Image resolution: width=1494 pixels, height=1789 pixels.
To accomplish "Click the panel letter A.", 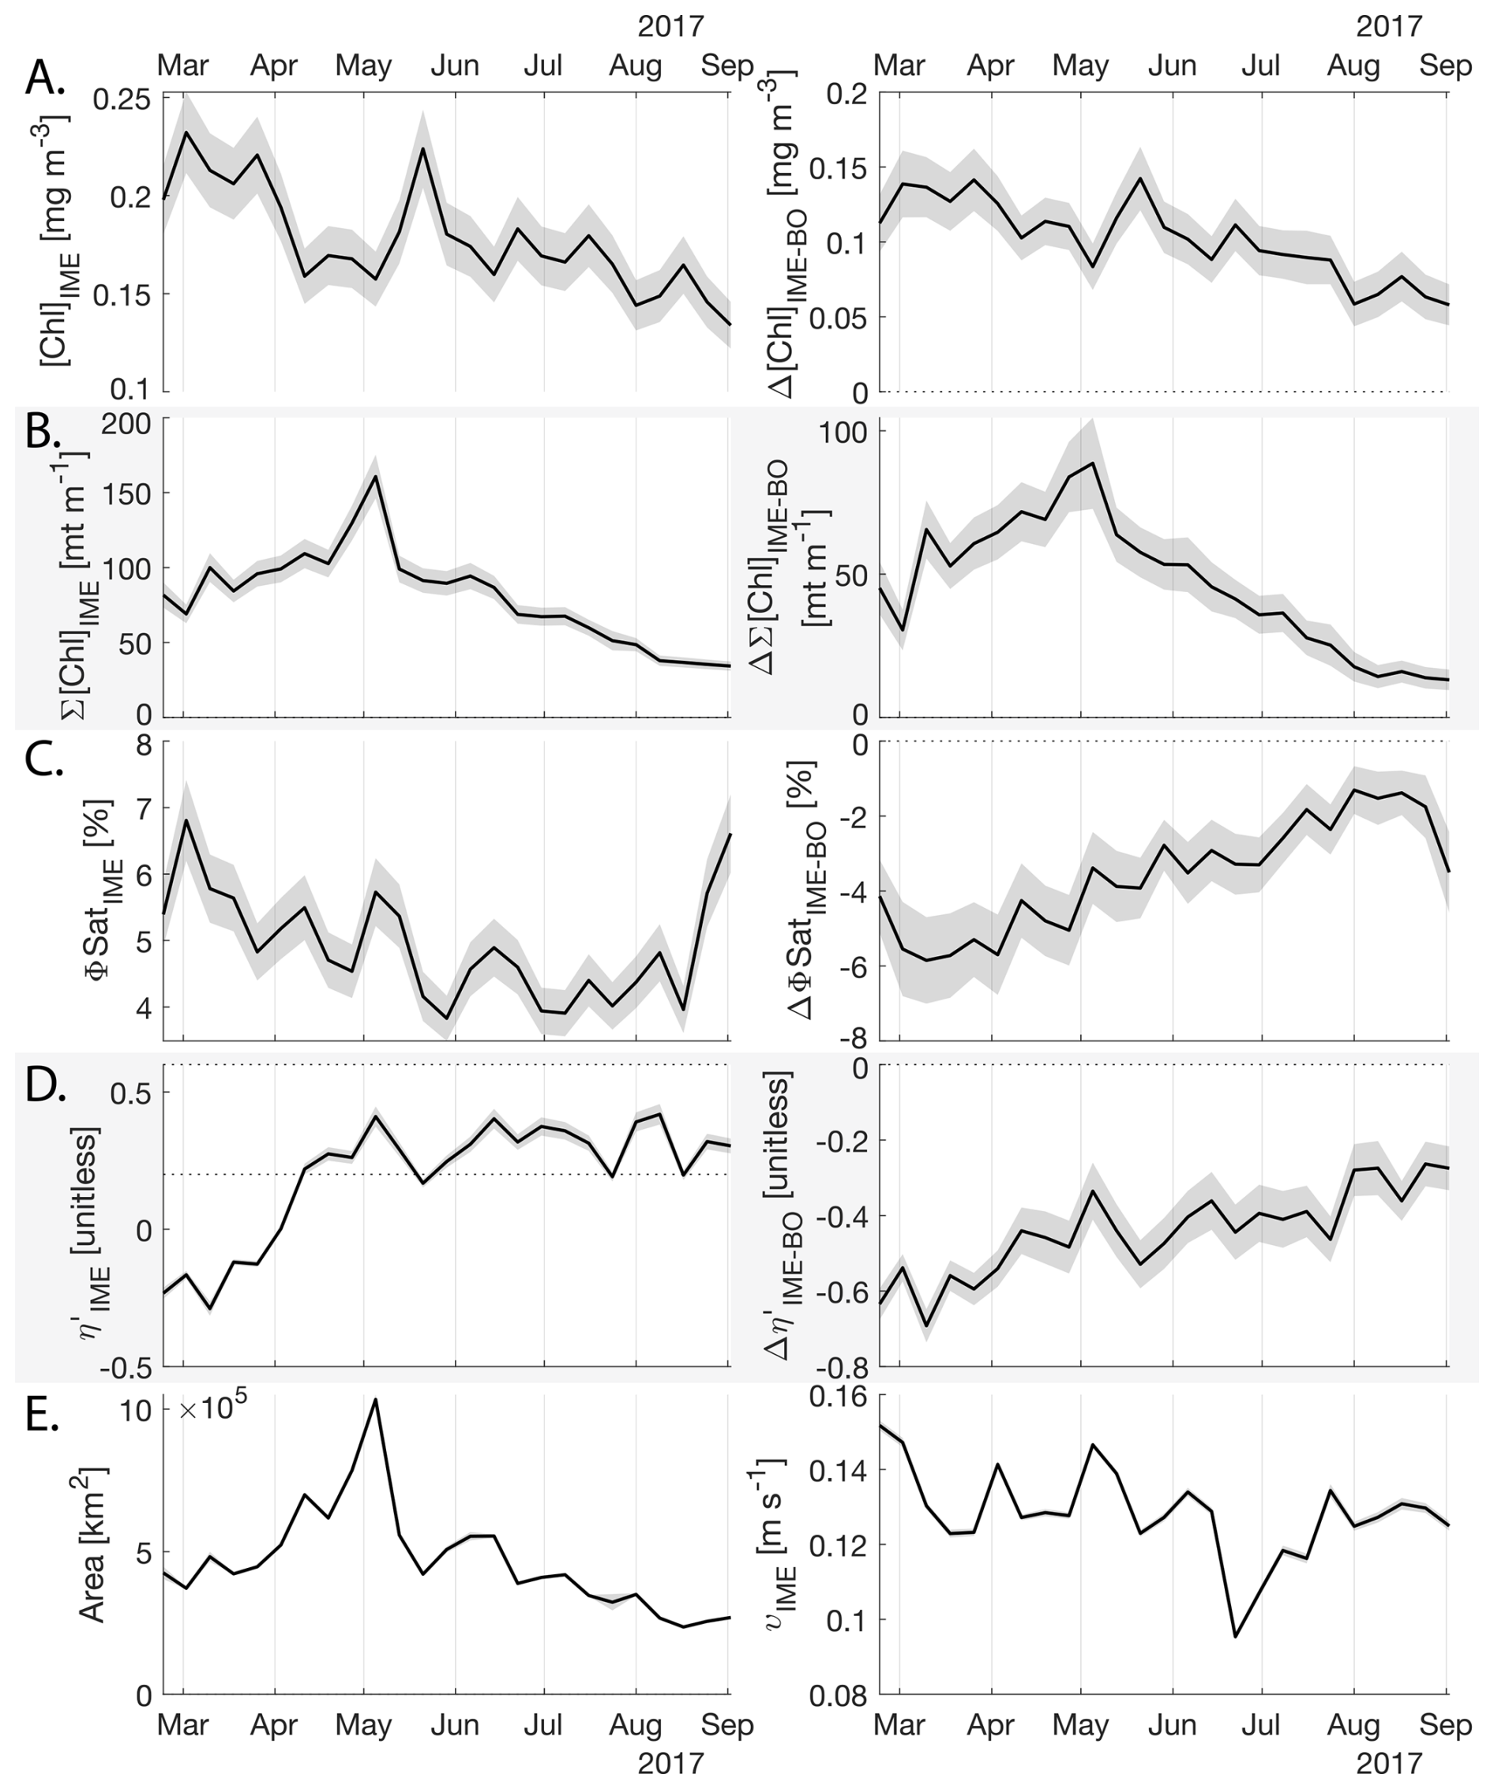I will click(44, 79).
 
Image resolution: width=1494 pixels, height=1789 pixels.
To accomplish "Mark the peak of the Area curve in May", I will click(375, 1399).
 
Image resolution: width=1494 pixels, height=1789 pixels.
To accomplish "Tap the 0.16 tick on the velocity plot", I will click(834, 1397).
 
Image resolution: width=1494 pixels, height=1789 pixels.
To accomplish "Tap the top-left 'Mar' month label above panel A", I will click(183, 65).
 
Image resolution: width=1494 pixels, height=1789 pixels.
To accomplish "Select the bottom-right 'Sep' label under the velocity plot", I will click(1447, 1724).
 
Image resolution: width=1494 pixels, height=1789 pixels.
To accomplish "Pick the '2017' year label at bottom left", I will click(670, 1761).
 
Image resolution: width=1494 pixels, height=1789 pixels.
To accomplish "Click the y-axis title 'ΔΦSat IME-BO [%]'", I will click(802, 891).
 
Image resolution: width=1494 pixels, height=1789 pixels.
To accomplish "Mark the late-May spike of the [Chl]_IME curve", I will click(422, 148).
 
